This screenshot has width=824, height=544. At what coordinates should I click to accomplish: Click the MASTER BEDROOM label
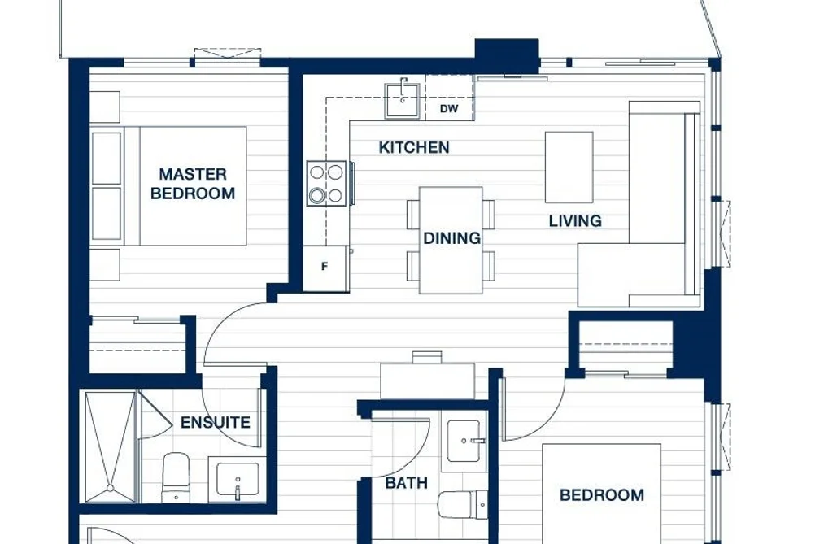(193, 184)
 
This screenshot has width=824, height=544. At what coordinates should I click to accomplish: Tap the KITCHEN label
(414, 147)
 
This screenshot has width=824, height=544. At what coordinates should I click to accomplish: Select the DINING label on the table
(452, 238)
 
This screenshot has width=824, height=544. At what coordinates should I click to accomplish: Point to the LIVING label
(575, 221)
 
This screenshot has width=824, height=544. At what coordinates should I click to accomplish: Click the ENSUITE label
(216, 423)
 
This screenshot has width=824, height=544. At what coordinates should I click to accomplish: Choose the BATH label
(406, 483)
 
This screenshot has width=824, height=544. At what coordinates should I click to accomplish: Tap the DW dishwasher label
(449, 109)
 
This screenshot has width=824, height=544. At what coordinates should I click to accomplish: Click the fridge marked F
(325, 268)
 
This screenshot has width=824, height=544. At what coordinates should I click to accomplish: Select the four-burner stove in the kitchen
(327, 184)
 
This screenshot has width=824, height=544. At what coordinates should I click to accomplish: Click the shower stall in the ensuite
(111, 446)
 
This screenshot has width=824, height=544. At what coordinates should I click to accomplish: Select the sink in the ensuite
(238, 478)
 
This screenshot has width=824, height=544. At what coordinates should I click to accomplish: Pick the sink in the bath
(464, 441)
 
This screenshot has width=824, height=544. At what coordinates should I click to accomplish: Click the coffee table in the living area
(569, 168)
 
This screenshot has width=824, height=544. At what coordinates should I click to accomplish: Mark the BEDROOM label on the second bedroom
(602, 495)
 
